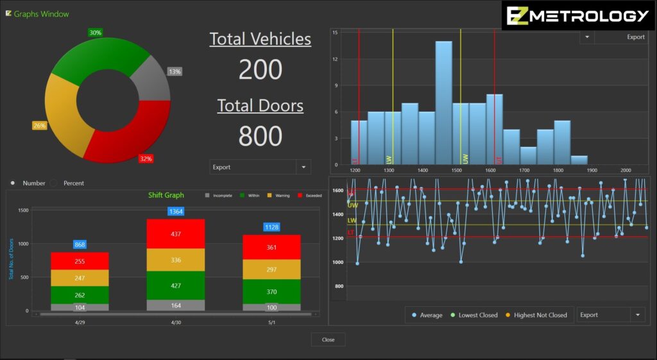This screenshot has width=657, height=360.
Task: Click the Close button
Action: pyautogui.click(x=328, y=339)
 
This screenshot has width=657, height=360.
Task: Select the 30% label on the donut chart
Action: pyautogui.click(x=95, y=33)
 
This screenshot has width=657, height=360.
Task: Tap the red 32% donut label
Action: pyautogui.click(x=146, y=159)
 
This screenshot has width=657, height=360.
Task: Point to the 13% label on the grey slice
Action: pyautogui.click(x=175, y=72)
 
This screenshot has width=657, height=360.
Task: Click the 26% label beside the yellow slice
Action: pyautogui.click(x=40, y=126)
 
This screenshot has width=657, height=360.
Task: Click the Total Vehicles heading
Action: pyautogui.click(x=260, y=39)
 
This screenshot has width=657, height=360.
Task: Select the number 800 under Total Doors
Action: pyautogui.click(x=260, y=136)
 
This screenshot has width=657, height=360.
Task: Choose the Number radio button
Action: pyautogui.click(x=13, y=184)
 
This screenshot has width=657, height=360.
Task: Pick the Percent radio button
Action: pyautogui.click(x=54, y=184)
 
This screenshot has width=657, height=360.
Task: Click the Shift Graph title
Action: pyautogui.click(x=166, y=195)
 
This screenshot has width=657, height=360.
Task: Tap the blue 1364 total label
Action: pyautogui.click(x=175, y=211)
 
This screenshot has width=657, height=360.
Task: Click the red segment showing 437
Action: pyautogui.click(x=175, y=234)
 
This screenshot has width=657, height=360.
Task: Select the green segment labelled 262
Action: pyautogui.click(x=80, y=295)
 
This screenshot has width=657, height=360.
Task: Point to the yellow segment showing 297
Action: pyautogui.click(x=271, y=270)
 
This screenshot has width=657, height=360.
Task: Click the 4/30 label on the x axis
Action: pyautogui.click(x=176, y=322)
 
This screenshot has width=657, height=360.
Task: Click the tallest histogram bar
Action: pyautogui.click(x=443, y=103)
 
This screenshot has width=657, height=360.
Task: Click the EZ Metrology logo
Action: pyautogui.click(x=578, y=15)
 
